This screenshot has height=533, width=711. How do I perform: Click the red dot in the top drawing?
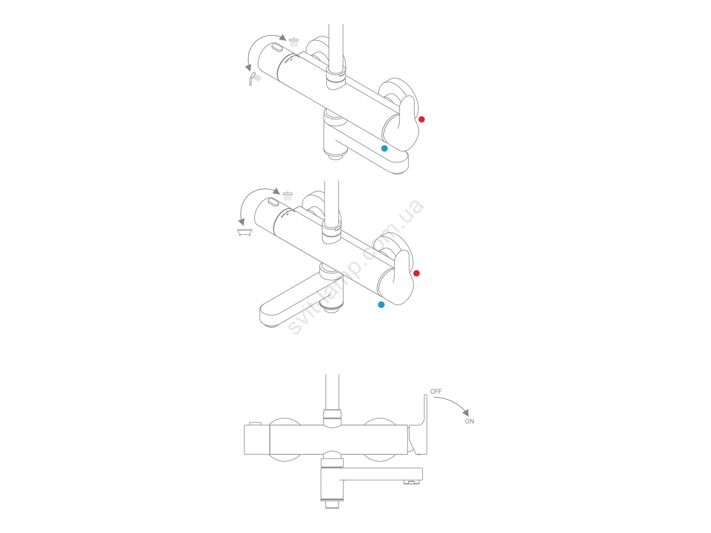421,119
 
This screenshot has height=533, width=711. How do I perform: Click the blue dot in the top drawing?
384,148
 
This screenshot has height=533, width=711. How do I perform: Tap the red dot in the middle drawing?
416,273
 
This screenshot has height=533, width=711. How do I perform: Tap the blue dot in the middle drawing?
381,305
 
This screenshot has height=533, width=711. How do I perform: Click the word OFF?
435,391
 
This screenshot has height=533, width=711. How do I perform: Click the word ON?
469,421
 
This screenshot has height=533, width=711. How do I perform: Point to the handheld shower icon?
255,78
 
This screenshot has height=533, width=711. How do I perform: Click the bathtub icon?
244,232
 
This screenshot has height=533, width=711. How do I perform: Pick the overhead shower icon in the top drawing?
294,42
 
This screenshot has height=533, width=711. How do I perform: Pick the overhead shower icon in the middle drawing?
288,196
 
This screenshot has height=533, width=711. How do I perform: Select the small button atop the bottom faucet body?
255,424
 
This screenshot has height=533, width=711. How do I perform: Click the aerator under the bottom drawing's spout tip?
411,482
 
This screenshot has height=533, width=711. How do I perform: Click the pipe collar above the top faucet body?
336,78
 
